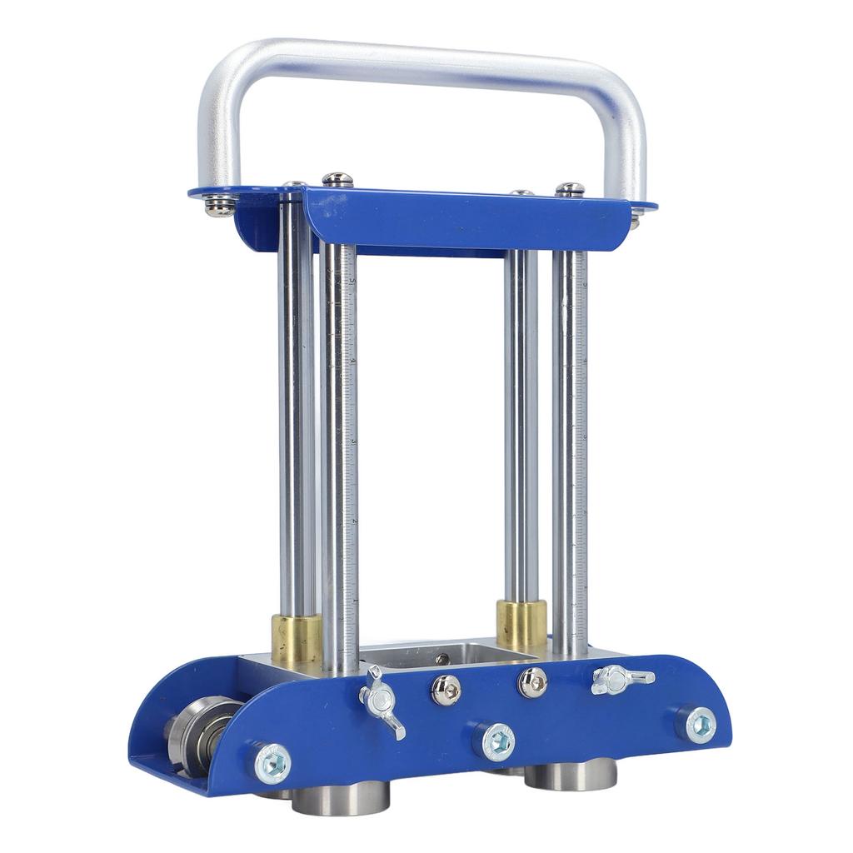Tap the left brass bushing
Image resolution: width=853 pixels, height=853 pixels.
pyautogui.click(x=297, y=638)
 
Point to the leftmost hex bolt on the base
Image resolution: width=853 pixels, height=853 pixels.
pyautogui.click(x=272, y=762)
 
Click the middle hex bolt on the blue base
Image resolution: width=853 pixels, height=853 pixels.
pyautogui.click(x=498, y=741)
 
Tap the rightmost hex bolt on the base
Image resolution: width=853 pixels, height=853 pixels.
pyautogui.click(x=701, y=724)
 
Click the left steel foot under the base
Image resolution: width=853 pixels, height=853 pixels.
pyautogui.click(x=341, y=797)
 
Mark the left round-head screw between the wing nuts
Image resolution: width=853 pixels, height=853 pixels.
pyautogui.click(x=446, y=690)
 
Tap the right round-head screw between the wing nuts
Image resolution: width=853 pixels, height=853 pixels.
pyautogui.click(x=532, y=682)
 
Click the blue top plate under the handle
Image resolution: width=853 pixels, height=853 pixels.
pyautogui.click(x=466, y=221)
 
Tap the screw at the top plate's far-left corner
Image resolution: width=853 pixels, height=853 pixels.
pyautogui.click(x=220, y=204)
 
